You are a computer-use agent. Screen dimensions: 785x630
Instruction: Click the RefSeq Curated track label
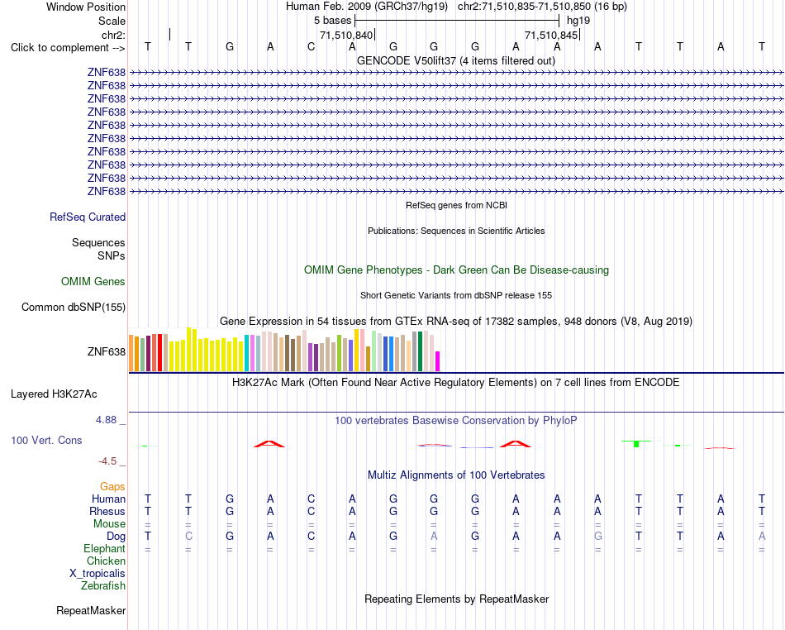point(88,217)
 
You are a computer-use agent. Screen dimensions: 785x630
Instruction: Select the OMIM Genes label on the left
point(93,281)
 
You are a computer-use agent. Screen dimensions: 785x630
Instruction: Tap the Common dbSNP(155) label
point(74,307)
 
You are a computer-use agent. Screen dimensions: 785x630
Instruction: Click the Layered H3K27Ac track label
point(54,394)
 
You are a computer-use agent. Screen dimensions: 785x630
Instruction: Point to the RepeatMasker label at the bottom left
point(91,610)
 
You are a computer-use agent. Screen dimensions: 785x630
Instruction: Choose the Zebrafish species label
point(103,585)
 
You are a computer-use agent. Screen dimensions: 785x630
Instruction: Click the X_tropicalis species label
point(98,574)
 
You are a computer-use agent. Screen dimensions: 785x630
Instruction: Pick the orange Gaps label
point(112,486)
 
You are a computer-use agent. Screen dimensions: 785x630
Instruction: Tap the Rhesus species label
point(107,511)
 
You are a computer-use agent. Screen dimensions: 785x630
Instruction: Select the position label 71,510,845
point(551,35)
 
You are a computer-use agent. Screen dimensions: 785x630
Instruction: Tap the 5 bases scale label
point(332,21)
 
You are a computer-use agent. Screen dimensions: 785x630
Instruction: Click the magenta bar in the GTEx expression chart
point(438,361)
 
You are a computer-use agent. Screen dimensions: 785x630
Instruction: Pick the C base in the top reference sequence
point(312,46)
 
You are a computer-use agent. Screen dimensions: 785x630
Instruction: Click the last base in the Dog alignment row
point(762,536)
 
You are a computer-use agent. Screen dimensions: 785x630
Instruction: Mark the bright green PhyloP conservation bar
point(636,444)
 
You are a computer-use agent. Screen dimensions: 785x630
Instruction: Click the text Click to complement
point(59,48)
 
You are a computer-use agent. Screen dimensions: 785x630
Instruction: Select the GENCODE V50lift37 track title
point(455,60)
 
